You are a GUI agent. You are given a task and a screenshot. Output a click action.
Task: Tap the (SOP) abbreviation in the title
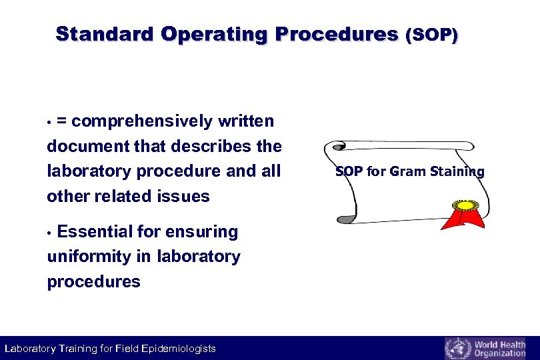point(431,35)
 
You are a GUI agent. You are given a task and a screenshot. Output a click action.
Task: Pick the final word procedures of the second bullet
point(93,281)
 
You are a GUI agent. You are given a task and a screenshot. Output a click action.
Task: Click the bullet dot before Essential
point(50,233)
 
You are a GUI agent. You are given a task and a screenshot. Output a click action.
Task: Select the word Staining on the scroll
point(457,171)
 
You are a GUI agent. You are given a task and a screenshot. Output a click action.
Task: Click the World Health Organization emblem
point(457,348)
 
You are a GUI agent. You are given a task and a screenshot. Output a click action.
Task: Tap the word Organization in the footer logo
point(499,353)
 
